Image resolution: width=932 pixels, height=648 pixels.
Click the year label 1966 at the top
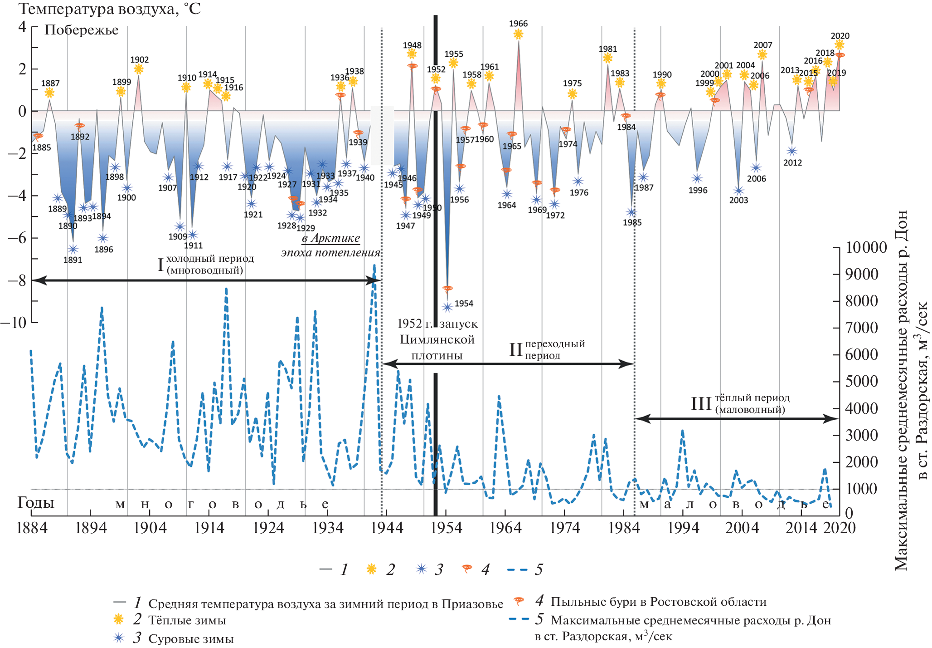[x=518, y=24]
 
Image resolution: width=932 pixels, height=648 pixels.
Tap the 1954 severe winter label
[x=464, y=304]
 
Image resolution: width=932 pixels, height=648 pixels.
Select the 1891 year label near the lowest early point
[x=73, y=260]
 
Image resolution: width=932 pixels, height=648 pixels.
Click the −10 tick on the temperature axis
[x=14, y=323]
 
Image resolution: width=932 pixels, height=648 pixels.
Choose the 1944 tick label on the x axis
[x=387, y=528]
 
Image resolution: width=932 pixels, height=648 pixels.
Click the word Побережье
[x=82, y=30]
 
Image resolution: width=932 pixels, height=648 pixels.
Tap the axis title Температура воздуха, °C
[x=109, y=9]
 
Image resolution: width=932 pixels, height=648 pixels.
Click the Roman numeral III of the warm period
[x=701, y=403]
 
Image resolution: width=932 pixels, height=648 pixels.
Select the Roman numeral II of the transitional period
[x=516, y=349]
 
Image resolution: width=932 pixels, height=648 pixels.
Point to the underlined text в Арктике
[x=331, y=238]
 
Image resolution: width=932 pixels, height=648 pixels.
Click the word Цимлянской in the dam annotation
[x=437, y=339]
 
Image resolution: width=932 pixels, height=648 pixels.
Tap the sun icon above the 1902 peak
[x=139, y=69]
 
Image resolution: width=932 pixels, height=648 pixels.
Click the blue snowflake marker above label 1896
[x=103, y=238]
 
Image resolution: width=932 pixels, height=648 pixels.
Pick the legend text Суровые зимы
[x=191, y=639]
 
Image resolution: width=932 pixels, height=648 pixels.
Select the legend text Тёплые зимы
[x=187, y=620]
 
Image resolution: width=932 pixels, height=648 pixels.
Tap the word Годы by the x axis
[x=36, y=503]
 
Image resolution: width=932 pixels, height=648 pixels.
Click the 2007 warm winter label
[x=762, y=45]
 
